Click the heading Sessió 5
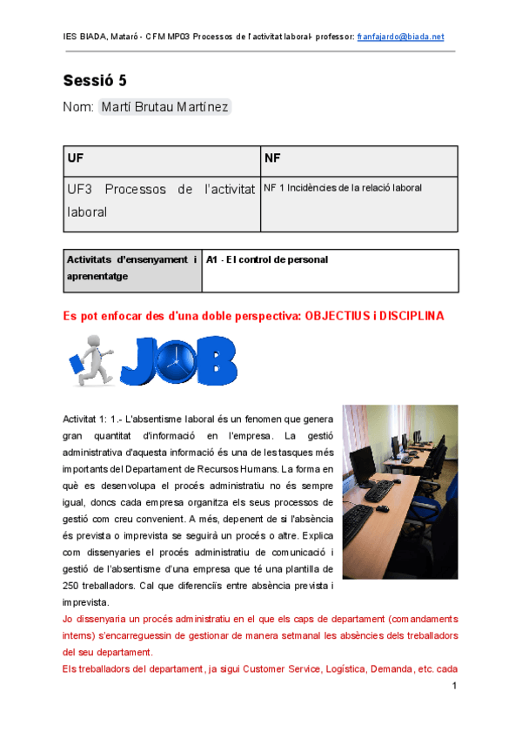coord(95,81)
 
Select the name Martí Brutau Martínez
coord(165,107)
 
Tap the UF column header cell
coord(162,161)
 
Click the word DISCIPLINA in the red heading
coord(410,316)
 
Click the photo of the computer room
coord(400,491)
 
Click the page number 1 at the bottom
coord(454,687)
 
